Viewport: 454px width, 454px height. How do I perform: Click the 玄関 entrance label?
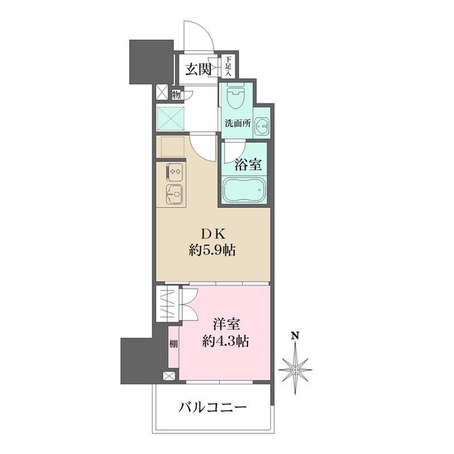pos(199,69)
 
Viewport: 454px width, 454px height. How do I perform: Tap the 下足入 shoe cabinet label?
pos(230,67)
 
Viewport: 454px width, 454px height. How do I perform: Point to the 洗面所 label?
pos(238,123)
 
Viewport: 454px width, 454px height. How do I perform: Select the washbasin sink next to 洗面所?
pos(262,126)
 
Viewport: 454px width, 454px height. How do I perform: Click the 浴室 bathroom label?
pos(248,165)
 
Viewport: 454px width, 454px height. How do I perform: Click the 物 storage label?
pos(175,92)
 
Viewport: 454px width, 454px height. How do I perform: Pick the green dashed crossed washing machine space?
pos(171,118)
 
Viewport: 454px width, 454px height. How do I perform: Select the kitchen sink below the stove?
pos(173,193)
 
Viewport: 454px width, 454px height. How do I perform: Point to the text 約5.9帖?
pos(214,250)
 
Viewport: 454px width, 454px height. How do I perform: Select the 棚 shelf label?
pos(173,346)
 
